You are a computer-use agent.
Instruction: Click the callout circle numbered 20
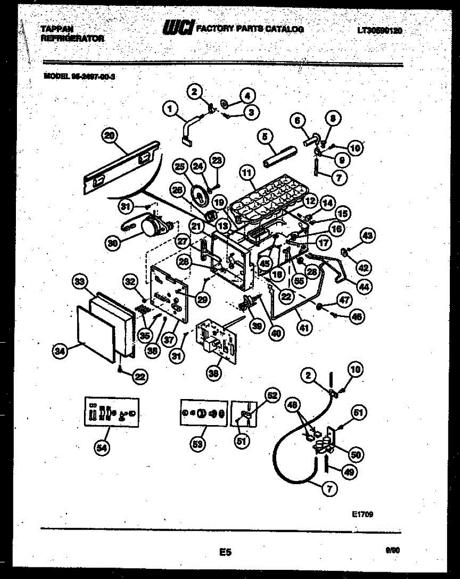pos(110,136)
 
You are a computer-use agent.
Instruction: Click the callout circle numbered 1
pos(169,110)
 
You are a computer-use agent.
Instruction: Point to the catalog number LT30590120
pos(380,30)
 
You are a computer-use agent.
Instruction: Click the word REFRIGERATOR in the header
pos(72,38)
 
